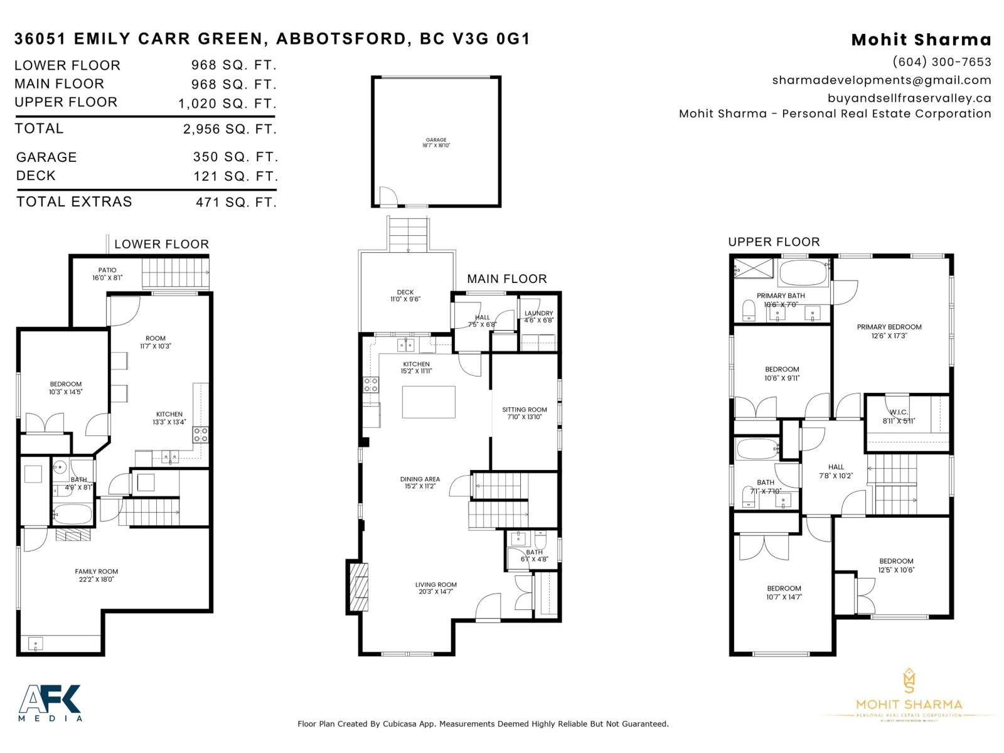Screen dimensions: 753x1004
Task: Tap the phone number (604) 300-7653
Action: pos(941,61)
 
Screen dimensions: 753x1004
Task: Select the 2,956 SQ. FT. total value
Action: pos(230,129)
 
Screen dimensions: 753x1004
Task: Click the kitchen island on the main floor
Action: pos(429,402)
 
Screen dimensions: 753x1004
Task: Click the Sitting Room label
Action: pos(524,413)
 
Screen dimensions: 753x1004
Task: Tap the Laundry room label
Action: pos(538,316)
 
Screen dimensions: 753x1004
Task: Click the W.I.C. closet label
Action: pos(899,416)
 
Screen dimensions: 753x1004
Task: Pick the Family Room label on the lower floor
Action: pos(96,575)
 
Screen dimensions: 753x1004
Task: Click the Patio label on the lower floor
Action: pos(107,274)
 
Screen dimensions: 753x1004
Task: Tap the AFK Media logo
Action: pos(50,703)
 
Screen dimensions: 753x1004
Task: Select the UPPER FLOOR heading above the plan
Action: pos(774,242)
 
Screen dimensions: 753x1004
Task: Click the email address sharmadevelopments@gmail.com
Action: pos(881,80)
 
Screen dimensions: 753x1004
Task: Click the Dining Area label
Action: pos(420,483)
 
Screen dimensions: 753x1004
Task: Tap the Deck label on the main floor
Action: pos(405,296)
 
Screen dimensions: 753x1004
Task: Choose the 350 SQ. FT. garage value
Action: pos(235,157)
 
